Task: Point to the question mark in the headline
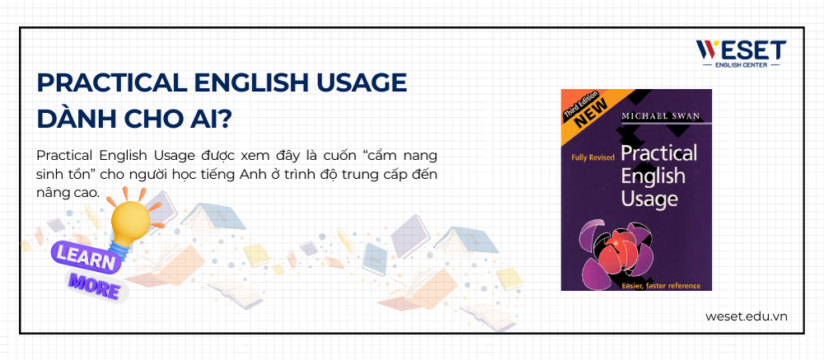coord(222,118)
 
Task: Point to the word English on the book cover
coord(653,176)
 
